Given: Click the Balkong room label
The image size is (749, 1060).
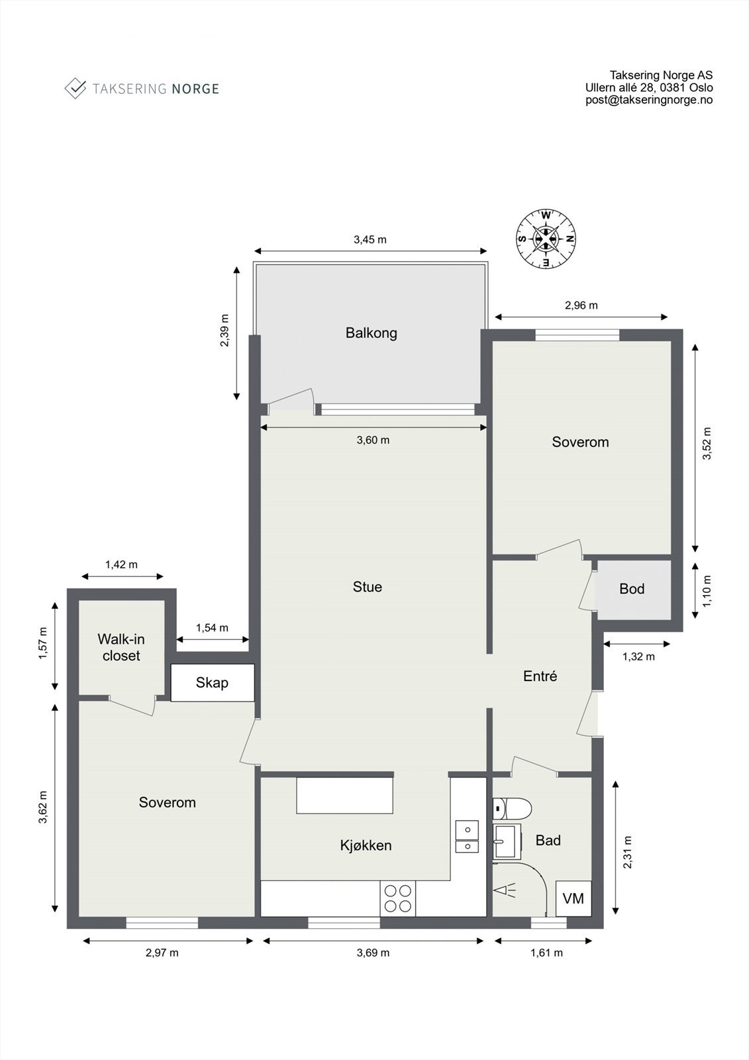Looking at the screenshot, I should pos(371,333).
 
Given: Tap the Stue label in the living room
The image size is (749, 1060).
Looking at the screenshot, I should pos(367,587).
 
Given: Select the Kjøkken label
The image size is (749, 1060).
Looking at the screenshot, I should pos(366,845).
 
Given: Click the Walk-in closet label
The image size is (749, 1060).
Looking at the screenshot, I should pos(121,647).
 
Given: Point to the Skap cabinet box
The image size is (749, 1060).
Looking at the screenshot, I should pos(213,682).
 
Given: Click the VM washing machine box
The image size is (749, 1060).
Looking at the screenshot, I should pos(573,898).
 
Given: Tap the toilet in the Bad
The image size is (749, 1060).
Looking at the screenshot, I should pos(513,808).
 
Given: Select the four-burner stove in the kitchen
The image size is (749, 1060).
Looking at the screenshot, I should pos(397,899).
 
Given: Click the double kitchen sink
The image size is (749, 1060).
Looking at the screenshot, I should pos(467,837).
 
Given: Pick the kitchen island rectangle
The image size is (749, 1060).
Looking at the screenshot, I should pos(344,795).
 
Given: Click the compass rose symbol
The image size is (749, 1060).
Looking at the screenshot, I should pos(546,239).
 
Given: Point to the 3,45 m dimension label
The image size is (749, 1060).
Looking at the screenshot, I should pos(370,240).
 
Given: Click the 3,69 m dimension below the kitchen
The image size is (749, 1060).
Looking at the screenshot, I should pos(373,953).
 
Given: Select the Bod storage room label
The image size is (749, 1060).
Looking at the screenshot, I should pos(632,589).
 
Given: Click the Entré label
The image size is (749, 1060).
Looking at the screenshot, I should pos(540,676).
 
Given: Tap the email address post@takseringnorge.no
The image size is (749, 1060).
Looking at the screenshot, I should pos(648,100).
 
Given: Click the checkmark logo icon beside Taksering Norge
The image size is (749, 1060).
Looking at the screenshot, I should pos(75,88).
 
